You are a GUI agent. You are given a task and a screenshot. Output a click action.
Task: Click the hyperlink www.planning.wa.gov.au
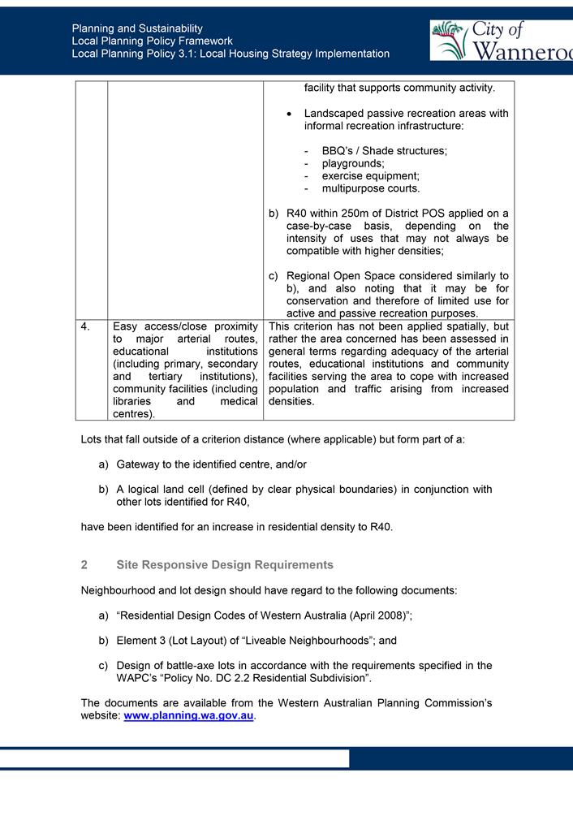pos(188,715)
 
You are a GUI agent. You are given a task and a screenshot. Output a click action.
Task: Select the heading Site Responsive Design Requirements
pos(225,564)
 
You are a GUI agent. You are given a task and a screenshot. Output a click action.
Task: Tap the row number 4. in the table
pos(86,327)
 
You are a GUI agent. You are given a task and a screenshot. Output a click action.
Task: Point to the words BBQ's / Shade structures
pos(384,151)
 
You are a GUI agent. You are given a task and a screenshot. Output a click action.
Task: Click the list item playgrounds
pos(353,163)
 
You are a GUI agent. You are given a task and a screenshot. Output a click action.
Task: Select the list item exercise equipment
pos(370,176)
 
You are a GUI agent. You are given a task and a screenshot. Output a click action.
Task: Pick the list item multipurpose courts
pos(370,188)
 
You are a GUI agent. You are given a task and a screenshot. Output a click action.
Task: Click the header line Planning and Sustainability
pos(137,28)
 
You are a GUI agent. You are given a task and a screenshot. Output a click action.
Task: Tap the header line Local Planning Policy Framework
pos(152,41)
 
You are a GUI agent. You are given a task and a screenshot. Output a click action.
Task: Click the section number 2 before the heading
pos(84,564)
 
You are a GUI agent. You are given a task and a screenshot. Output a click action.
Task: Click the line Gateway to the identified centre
pos(211,464)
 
